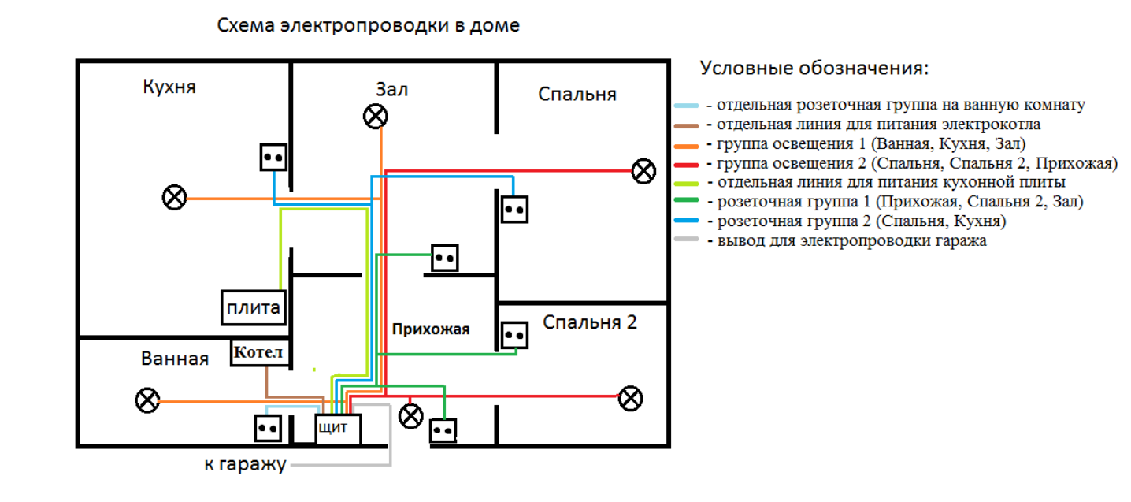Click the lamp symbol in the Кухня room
point(174,197)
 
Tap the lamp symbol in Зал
point(375,117)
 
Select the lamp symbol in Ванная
point(146,400)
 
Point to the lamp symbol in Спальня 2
point(629,398)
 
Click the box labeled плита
point(252,307)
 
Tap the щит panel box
point(338,429)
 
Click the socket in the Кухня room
point(273,157)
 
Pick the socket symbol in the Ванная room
point(266,428)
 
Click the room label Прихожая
point(431,329)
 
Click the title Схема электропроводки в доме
point(369,25)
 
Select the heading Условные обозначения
point(814,68)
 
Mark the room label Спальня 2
point(590,322)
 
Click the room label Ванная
point(175,359)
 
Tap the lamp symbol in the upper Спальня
point(643,170)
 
